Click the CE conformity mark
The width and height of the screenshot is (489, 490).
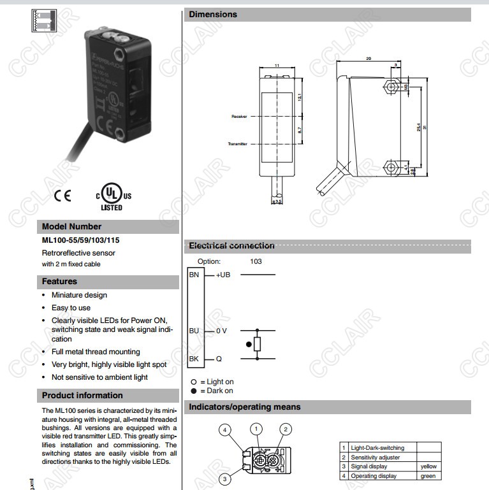tap(62, 196)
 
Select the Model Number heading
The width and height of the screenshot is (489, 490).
tap(71, 227)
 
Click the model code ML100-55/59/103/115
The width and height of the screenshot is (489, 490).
tap(80, 240)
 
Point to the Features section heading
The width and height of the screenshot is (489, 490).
tap(59, 282)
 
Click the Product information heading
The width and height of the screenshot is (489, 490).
tap(82, 396)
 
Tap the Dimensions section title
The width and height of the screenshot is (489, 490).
tap(213, 15)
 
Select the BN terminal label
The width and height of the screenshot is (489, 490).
tap(194, 275)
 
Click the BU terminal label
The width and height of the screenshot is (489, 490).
tap(194, 331)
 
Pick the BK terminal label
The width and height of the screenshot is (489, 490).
tap(194, 359)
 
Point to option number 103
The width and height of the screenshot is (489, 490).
tap(256, 261)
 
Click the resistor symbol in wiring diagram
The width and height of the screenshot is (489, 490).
tap(257, 345)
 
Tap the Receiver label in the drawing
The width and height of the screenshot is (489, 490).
tap(238, 117)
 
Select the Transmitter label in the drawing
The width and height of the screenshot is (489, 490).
tap(237, 144)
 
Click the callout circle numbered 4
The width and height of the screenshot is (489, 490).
tap(224, 430)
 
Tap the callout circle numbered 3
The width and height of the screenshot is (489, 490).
tap(224, 479)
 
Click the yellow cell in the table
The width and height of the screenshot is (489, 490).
tap(428, 466)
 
